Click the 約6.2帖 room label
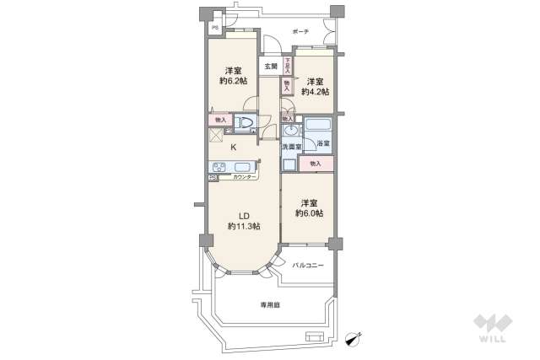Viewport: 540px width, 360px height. click(234, 74)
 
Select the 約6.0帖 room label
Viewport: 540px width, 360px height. click(307, 208)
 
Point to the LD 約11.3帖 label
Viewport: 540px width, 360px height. click(243, 219)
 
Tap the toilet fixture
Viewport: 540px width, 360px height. click(245, 124)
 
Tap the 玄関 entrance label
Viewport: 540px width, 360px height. click(270, 66)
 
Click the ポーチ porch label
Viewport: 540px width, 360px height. click(300, 31)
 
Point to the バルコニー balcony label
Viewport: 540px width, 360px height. click(308, 264)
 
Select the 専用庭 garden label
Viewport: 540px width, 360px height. click(269, 305)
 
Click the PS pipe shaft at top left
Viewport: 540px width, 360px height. click(215, 26)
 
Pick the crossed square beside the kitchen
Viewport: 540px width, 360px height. click(215, 135)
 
